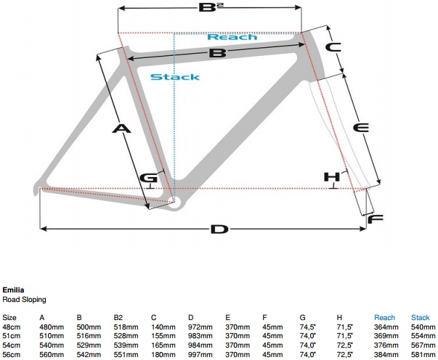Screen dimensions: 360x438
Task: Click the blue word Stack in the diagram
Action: click(174, 77)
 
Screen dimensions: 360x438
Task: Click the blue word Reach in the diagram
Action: click(232, 36)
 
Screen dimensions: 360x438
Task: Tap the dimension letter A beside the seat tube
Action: click(121, 128)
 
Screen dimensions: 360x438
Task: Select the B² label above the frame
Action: click(211, 9)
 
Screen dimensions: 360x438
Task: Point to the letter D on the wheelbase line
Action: click(219, 229)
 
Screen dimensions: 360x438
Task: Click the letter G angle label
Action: click(149, 179)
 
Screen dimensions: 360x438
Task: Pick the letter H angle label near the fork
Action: click(332, 177)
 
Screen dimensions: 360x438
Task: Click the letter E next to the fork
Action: click(360, 128)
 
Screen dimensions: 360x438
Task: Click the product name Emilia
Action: click(12, 289)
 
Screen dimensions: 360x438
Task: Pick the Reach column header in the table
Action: click(384, 317)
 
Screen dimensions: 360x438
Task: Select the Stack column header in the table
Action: click(421, 317)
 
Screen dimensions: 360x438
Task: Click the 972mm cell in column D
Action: click(199, 327)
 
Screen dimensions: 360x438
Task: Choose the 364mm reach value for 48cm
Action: click(386, 327)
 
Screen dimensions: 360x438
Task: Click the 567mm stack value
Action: click(421, 346)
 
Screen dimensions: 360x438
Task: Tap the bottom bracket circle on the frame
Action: click(174, 201)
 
